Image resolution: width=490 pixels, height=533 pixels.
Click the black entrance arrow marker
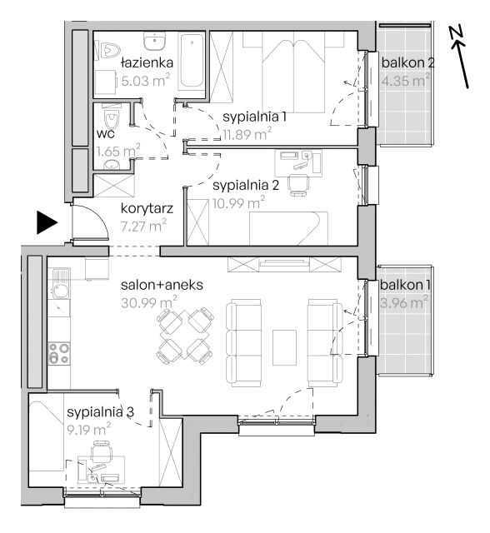(47, 222)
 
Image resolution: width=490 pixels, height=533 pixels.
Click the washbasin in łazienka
(155, 42)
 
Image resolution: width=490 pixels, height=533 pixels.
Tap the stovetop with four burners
(59, 353)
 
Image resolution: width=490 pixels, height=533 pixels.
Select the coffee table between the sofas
(284, 347)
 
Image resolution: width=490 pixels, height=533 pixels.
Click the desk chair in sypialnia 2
(298, 185)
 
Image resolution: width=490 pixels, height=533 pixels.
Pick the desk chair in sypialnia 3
(102, 451)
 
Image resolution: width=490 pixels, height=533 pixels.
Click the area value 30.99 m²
(149, 302)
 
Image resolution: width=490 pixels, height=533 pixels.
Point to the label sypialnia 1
(255, 117)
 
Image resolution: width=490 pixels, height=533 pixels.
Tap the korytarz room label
(147, 208)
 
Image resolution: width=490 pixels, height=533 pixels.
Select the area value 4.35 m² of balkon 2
(405, 81)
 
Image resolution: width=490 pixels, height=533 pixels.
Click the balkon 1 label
(405, 285)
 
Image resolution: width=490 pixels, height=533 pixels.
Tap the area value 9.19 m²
(89, 430)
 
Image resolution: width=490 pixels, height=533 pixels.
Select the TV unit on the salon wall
(284, 265)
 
